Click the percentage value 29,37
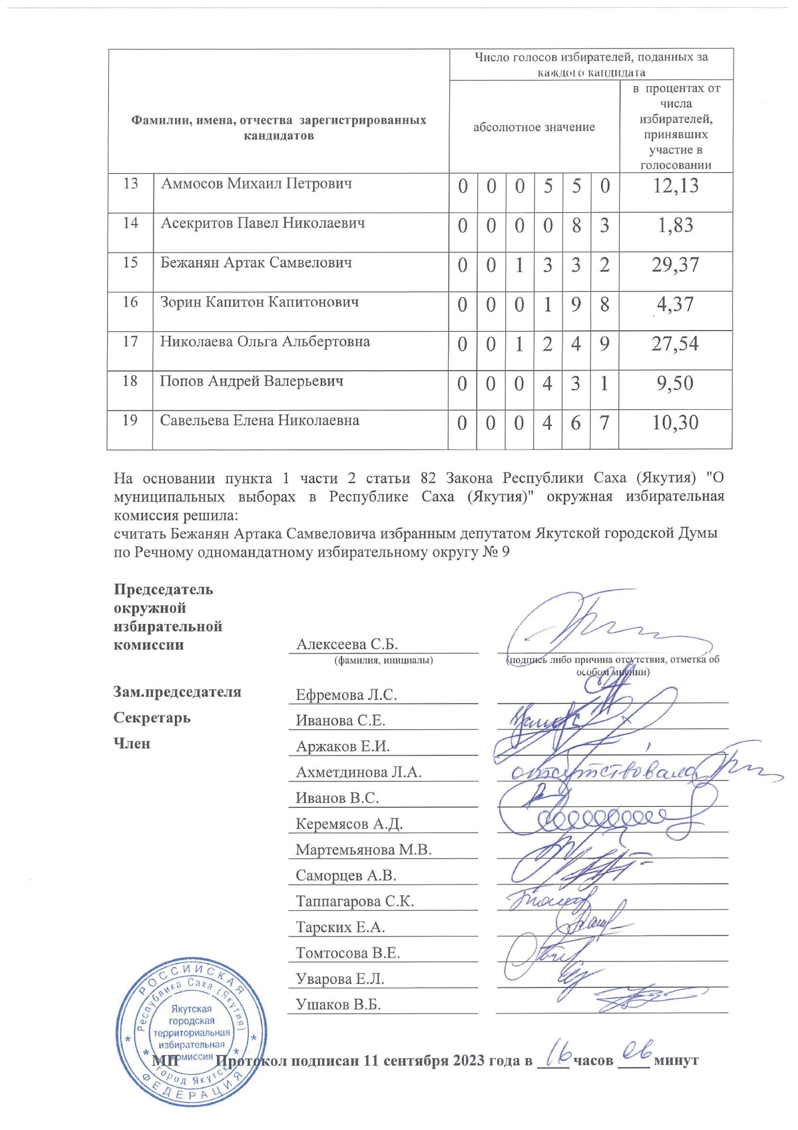pos(675,265)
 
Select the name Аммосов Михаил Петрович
pos(256,184)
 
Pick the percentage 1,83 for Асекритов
pos(675,226)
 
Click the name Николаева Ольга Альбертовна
pos(265,342)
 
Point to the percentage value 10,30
pos(675,423)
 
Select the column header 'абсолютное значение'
pos(534,128)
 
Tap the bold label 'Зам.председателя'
pos(177,692)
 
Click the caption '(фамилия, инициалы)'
pos(383,660)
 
